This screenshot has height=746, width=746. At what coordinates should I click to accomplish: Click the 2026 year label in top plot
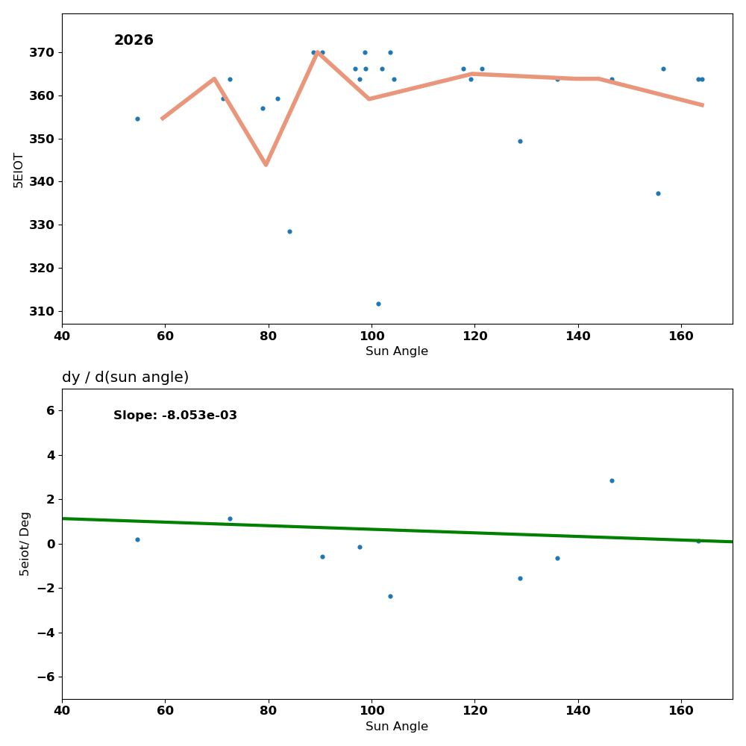[134, 40]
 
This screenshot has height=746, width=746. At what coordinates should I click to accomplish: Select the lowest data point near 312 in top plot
[378, 304]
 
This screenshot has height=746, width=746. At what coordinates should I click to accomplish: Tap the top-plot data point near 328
[289, 231]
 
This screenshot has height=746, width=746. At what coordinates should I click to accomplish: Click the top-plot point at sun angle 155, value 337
[658, 193]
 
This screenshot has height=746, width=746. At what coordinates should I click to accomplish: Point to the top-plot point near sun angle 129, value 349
[520, 141]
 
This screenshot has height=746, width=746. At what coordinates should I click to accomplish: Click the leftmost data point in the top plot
[137, 119]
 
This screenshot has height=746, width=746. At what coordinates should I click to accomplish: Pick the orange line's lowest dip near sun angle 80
[266, 164]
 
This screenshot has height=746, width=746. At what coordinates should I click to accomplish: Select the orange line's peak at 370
[317, 52]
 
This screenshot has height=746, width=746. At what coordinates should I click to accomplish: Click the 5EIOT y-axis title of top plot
[19, 169]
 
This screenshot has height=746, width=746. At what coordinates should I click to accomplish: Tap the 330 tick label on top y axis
[42, 225]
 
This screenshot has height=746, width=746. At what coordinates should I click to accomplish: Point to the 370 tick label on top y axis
[42, 52]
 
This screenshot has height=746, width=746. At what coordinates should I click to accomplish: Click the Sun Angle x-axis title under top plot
[397, 351]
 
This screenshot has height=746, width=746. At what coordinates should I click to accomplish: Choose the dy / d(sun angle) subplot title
[125, 377]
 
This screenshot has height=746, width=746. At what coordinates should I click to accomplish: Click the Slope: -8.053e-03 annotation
[175, 416]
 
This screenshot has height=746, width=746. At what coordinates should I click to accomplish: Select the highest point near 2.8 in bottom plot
[612, 480]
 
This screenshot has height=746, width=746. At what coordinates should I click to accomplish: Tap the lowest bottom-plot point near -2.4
[390, 596]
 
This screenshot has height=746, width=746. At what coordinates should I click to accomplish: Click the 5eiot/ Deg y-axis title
[25, 543]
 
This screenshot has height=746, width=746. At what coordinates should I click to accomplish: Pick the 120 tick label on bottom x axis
[474, 711]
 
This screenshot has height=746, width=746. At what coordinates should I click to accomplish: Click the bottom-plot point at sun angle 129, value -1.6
[520, 578]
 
